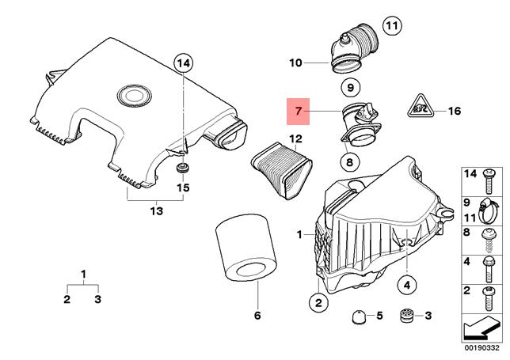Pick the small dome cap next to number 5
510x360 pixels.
pyautogui.click(x=357, y=316)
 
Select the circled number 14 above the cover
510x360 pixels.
pyautogui.click(x=183, y=63)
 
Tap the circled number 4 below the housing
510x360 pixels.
pyautogui.click(x=405, y=284)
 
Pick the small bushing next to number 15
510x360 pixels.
pyautogui.click(x=183, y=170)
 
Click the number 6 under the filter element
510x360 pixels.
pyautogui.click(x=257, y=316)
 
